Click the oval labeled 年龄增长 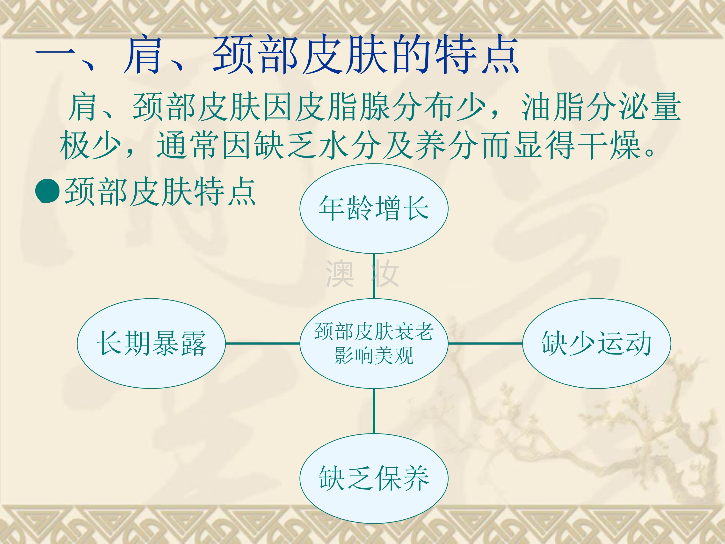[374, 209]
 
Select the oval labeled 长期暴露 [151, 343]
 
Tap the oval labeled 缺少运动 [596, 343]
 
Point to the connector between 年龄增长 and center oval [374, 276]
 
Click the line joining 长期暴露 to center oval [262, 343]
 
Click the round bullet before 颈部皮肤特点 [48, 191]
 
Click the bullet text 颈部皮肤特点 [160, 191]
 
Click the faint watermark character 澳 [340, 273]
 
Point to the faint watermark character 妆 [385, 273]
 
